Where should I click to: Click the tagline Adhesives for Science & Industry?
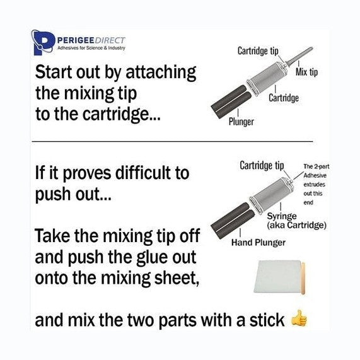(91, 48)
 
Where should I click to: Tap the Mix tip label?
(306, 73)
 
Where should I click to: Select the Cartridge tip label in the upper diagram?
(258, 50)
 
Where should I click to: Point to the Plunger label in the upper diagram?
(241, 122)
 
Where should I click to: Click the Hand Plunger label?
(258, 243)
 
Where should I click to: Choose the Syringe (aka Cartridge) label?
(296, 221)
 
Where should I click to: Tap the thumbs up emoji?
(299, 318)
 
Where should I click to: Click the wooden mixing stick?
(303, 278)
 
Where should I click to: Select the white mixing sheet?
(277, 276)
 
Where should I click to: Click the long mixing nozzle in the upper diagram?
(300, 55)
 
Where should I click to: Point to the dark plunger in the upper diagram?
(231, 102)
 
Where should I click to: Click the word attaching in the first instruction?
(161, 73)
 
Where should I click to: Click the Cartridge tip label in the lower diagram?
(262, 166)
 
